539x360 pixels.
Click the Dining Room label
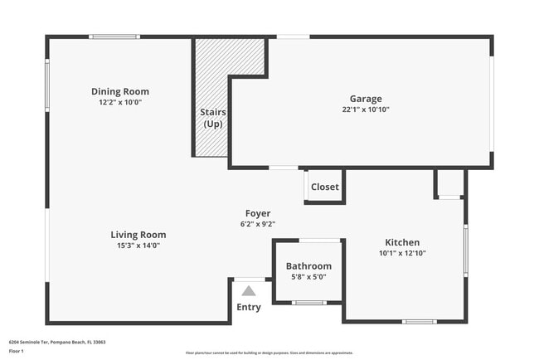point(120,91)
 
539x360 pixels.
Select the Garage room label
point(366,99)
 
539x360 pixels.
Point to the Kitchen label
point(402,242)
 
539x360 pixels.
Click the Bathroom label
point(308,266)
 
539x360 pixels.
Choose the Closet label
point(324,187)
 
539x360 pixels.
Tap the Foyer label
point(257,213)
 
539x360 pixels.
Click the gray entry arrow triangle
point(249,290)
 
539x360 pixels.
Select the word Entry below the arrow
point(249,307)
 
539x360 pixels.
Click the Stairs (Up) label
point(213,118)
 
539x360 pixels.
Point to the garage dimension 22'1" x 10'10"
point(366,109)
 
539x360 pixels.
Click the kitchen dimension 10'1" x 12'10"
point(402,253)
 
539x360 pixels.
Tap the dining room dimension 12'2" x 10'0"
point(120,102)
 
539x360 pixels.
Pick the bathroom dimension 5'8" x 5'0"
point(308,276)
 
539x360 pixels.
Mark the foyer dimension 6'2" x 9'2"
point(257,224)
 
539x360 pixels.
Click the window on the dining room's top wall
point(114,36)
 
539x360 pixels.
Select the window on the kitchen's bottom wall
point(419,321)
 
